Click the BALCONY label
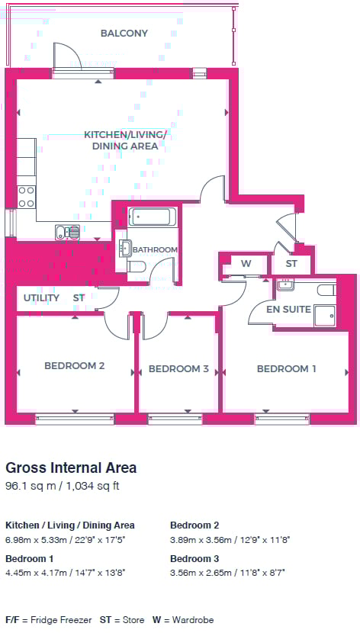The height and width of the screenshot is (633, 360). click(x=124, y=33)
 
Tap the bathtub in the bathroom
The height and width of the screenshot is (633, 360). click(x=152, y=217)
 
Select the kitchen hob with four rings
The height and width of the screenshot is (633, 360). click(x=26, y=197)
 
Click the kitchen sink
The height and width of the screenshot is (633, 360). click(x=67, y=232)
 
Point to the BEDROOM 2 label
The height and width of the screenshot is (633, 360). click(x=75, y=366)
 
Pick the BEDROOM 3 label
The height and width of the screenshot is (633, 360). click(x=178, y=369)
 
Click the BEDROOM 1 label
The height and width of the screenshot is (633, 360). click(x=287, y=369)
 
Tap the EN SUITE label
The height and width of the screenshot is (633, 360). click(x=288, y=310)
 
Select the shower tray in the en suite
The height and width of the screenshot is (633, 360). click(x=325, y=315)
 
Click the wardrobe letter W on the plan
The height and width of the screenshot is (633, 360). click(x=246, y=264)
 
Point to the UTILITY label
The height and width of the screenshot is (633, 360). click(x=42, y=298)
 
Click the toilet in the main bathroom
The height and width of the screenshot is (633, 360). click(x=136, y=266)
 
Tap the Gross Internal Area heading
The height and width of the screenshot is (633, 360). click(x=71, y=468)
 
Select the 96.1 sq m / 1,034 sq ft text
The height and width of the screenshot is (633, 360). click(x=63, y=486)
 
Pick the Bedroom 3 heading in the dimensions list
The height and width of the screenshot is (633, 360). click(x=194, y=559)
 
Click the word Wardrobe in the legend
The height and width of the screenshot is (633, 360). click(x=193, y=620)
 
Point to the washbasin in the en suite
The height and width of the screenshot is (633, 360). click(x=286, y=284)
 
